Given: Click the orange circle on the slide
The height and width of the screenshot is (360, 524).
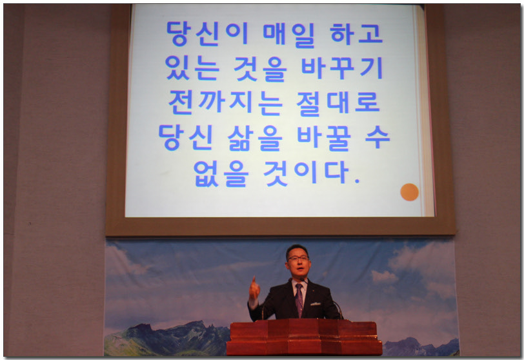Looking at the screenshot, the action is (409, 192).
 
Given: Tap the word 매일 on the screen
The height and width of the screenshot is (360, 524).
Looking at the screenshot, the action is (288, 34).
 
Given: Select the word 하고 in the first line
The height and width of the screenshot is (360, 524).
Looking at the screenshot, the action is (356, 34).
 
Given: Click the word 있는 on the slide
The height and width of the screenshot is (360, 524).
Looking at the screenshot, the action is (192, 68).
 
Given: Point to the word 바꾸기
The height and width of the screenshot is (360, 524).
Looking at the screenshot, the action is (342, 68).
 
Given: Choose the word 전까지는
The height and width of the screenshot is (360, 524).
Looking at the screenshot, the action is (226, 103).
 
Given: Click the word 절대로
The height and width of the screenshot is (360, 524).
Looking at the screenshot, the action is (338, 103).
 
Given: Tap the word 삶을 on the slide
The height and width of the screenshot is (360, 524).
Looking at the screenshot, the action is (255, 138).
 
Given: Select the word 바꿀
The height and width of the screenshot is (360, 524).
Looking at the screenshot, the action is (324, 138).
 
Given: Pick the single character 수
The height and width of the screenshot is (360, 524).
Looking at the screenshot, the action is (378, 136).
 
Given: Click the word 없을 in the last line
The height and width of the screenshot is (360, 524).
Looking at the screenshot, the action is (221, 173).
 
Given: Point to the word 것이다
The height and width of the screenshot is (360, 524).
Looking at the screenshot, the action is (306, 172).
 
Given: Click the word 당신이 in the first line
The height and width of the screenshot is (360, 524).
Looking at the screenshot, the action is (207, 34).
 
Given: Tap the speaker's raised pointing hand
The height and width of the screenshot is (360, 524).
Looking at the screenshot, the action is (254, 288).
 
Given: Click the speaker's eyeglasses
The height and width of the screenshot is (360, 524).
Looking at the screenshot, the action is (297, 258).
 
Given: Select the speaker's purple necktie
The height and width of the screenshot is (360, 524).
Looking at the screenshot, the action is (299, 299).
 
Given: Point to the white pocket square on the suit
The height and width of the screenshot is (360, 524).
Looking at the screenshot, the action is (316, 304).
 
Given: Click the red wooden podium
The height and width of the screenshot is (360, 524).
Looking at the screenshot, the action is (305, 337).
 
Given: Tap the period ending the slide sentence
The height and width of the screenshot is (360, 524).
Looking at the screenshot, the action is (357, 182).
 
